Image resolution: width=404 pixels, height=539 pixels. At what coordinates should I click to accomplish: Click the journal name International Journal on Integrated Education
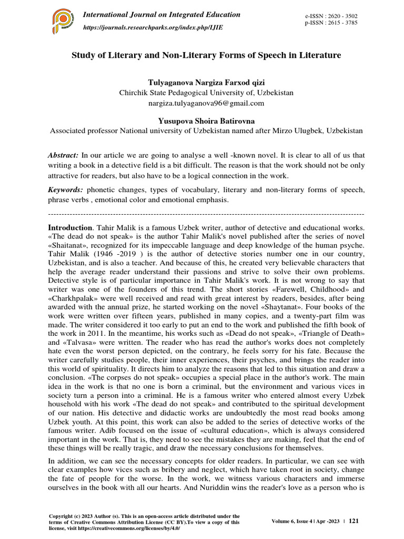pyautogui.click(x=162, y=15)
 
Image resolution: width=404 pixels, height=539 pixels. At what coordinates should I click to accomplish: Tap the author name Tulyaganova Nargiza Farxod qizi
pyautogui.click(x=206, y=83)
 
